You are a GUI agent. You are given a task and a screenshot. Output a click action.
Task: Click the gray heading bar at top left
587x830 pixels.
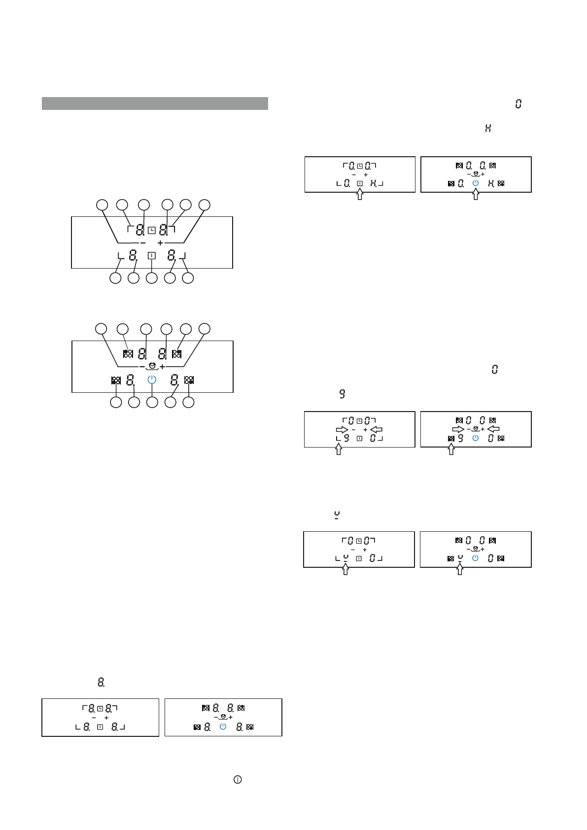[x=155, y=104]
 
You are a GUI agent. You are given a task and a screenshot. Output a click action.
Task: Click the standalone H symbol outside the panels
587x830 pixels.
[x=488, y=128]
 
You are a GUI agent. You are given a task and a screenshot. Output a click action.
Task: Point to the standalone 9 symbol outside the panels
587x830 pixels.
[x=342, y=394]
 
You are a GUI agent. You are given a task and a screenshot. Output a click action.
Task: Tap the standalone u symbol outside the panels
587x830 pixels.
[x=337, y=515]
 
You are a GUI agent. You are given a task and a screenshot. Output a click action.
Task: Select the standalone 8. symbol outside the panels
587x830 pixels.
[x=101, y=682]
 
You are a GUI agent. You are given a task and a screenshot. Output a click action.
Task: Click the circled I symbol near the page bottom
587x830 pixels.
[x=238, y=780]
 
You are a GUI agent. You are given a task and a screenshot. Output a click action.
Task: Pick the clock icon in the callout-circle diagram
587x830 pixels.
[x=152, y=230]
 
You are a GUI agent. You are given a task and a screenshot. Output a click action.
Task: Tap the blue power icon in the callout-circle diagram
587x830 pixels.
[x=152, y=380]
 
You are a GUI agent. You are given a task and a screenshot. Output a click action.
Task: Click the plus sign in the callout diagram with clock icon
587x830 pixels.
[x=160, y=243]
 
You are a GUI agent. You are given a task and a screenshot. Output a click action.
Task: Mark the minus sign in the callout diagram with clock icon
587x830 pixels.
[x=143, y=243]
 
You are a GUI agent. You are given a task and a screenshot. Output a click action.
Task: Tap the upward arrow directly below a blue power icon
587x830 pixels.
[x=476, y=195]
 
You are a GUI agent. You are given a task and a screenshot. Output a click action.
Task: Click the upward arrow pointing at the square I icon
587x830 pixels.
[x=360, y=195]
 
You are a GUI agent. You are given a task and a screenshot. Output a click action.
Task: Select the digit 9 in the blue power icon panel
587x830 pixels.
[x=461, y=438]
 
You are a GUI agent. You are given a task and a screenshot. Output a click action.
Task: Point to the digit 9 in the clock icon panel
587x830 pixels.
[x=346, y=438]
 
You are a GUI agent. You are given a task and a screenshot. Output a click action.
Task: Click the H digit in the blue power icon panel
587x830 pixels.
[x=491, y=183]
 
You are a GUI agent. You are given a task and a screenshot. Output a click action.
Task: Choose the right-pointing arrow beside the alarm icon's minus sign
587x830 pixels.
[x=458, y=429]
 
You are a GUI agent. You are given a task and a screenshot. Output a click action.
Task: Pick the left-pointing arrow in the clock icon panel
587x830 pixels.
[x=376, y=429]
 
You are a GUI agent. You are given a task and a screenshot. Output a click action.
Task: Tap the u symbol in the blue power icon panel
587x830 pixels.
[x=460, y=558]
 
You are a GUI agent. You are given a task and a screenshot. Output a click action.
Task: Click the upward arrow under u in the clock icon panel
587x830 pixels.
[x=345, y=569]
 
